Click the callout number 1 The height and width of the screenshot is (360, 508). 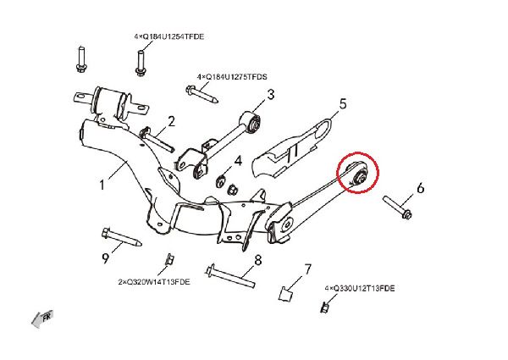click(x=102, y=185)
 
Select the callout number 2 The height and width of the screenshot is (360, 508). click(x=171, y=121)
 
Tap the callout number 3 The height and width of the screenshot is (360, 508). click(x=271, y=95)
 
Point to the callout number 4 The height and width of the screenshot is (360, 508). click(x=238, y=161)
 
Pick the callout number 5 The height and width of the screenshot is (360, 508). click(x=343, y=104)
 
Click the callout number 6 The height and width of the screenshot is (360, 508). click(x=420, y=188)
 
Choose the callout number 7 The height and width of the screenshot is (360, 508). click(x=307, y=269)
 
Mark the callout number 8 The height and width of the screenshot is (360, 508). click(x=258, y=260)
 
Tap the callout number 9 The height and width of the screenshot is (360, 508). click(x=105, y=258)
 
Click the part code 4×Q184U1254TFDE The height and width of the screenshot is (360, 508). click(x=169, y=36)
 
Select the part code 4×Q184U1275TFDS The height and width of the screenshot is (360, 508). click(x=232, y=77)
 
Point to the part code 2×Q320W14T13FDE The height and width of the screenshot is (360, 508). click(x=154, y=282)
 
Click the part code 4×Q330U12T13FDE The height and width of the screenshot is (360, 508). click(x=360, y=288)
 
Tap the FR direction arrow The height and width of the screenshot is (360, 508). click(x=42, y=318)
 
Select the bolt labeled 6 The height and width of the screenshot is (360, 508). click(x=397, y=208)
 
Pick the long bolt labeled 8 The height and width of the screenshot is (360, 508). click(x=230, y=276)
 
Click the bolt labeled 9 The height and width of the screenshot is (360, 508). click(x=121, y=237)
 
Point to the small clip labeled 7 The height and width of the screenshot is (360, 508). click(x=285, y=294)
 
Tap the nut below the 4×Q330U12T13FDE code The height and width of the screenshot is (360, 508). click(x=324, y=307)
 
